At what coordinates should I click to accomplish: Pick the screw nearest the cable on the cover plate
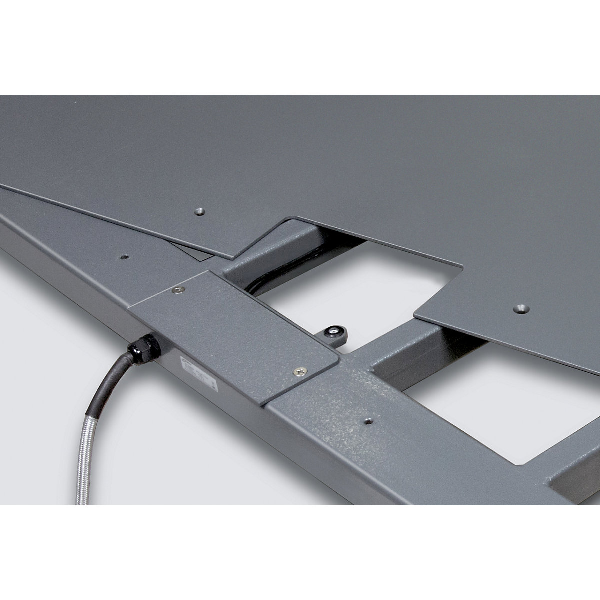click(178, 290)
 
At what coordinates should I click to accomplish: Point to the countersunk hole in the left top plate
click(199, 211)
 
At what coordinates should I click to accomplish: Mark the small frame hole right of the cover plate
click(368, 421)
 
